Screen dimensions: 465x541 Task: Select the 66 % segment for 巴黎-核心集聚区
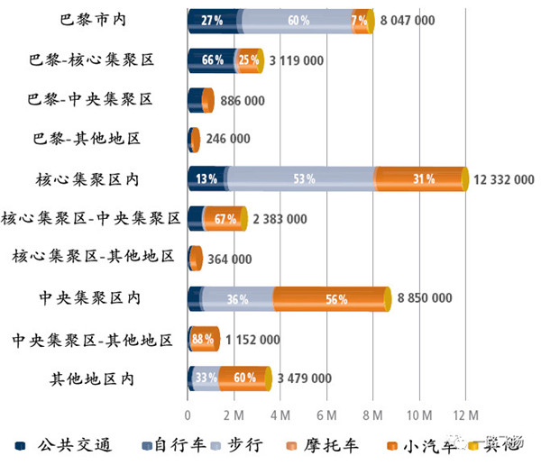click(212, 60)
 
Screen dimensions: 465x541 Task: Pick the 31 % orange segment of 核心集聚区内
click(419, 178)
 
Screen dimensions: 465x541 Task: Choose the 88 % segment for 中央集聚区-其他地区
click(204, 339)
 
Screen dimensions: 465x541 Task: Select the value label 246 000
click(228, 140)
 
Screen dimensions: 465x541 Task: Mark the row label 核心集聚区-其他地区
click(93, 258)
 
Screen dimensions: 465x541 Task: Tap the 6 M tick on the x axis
click(326, 415)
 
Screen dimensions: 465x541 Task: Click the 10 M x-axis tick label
click(419, 415)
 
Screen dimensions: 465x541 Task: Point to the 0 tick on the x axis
click(188, 415)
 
